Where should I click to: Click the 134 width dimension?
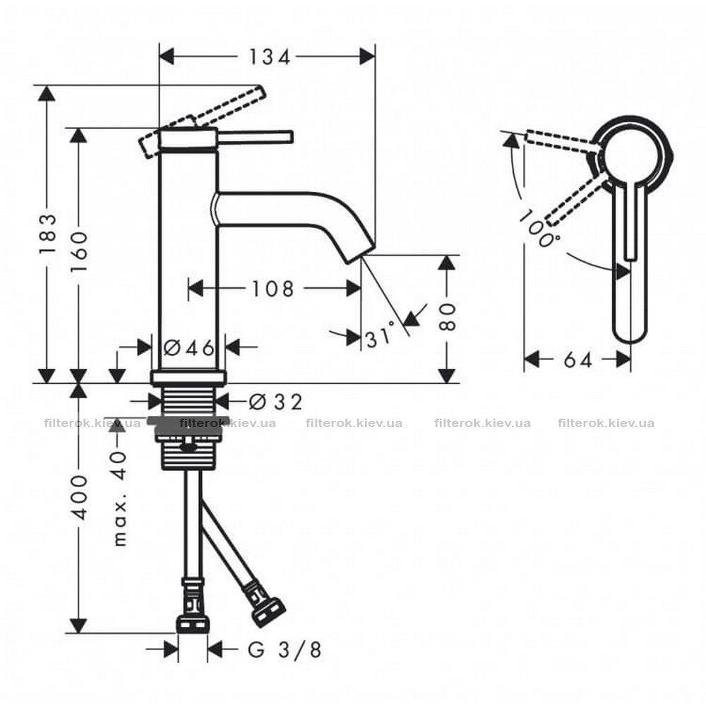tap(269, 57)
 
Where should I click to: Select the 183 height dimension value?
tap(48, 234)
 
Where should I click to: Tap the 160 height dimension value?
tap(79, 251)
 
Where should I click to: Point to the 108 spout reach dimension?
tap(273, 289)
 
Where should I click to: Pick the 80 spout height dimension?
tap(447, 317)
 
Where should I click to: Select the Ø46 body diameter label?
tap(189, 347)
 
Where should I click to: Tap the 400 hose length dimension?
tap(79, 496)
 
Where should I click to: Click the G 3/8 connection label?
tap(285, 650)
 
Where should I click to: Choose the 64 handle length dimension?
tap(578, 360)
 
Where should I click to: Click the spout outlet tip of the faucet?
tap(360, 255)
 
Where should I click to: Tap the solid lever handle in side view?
tap(255, 137)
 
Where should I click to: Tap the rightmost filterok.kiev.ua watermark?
tap(606, 423)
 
